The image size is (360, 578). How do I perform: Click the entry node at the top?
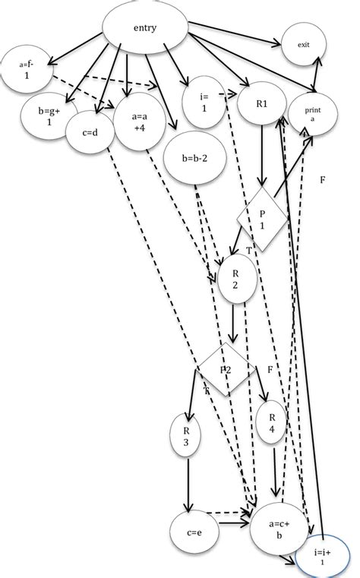tap(144, 30)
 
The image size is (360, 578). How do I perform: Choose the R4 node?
tap(271, 419)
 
